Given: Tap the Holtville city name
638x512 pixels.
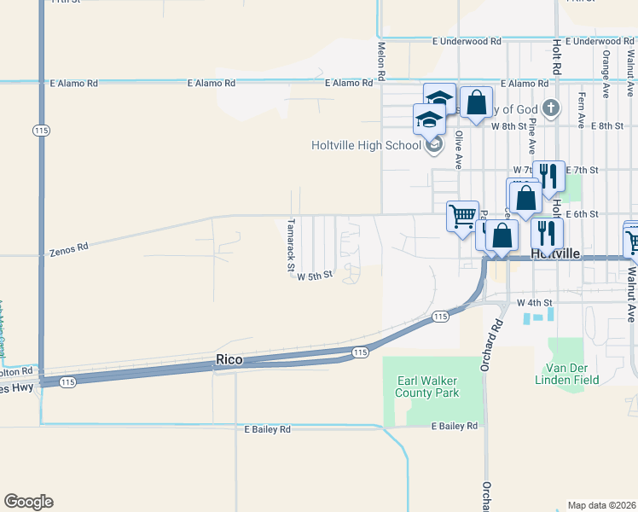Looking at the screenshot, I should [x=555, y=254].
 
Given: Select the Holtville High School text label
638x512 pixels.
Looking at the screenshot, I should [x=366, y=145].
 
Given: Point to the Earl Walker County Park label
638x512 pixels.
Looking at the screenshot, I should [x=427, y=387].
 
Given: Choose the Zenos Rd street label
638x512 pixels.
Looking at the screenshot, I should [x=69, y=250].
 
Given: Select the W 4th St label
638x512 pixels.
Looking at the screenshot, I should [x=536, y=302].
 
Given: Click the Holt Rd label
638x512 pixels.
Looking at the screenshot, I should [x=557, y=55].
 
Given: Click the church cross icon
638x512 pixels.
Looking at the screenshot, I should [x=551, y=108].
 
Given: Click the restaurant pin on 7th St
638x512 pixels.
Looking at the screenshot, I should [x=548, y=176].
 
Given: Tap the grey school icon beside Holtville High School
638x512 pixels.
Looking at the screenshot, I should [x=433, y=145].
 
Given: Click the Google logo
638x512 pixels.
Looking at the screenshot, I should [x=28, y=502].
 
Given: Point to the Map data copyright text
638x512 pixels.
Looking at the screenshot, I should [x=601, y=505].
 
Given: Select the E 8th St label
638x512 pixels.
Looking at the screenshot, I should [x=606, y=125].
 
